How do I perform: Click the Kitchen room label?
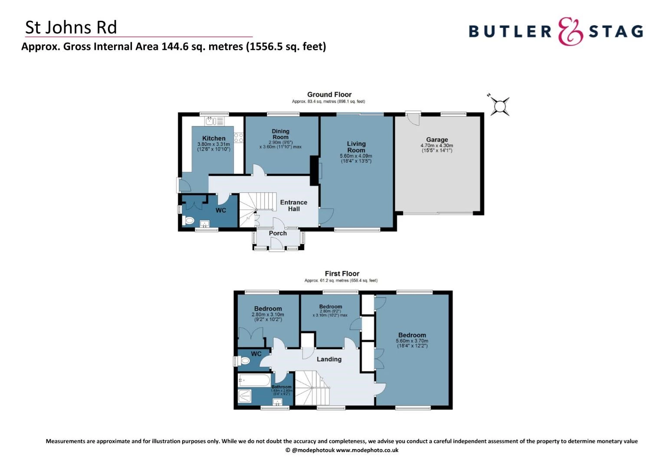tap(213, 139)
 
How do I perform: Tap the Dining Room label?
tap(280, 134)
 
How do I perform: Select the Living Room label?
tap(356, 147)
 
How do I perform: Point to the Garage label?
tap(437, 140)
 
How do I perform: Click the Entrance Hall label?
tap(294, 205)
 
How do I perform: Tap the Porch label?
tap(278, 233)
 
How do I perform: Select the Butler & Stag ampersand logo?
tap(570, 31)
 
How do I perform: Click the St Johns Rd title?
tap(71, 27)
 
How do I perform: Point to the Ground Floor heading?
tap(329, 95)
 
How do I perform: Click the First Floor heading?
tap(342, 274)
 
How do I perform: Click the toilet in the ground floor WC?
tap(189, 221)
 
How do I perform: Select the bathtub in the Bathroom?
tap(254, 381)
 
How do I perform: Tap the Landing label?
tap(329, 359)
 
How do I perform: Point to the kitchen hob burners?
tap(239, 138)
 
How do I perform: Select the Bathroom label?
tap(282, 387)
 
